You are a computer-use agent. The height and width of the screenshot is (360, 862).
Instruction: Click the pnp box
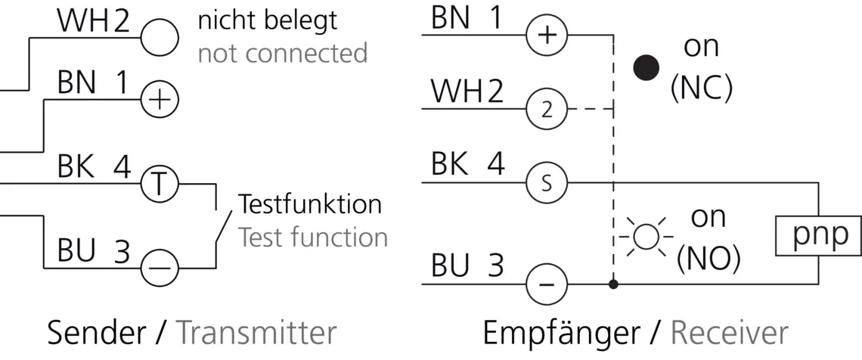click(817, 236)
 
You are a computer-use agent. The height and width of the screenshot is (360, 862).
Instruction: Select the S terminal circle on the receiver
click(547, 183)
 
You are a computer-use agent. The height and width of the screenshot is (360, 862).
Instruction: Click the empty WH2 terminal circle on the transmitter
click(160, 37)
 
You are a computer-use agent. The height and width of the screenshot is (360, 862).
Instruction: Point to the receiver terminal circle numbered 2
click(547, 109)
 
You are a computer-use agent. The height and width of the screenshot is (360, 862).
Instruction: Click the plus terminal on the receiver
click(547, 36)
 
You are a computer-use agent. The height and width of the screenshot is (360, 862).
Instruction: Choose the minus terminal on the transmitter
click(160, 268)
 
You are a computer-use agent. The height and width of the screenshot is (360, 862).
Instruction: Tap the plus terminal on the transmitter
click(160, 101)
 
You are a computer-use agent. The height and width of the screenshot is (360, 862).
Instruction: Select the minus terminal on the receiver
click(547, 284)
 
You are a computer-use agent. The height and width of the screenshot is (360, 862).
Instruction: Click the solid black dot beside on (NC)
click(646, 67)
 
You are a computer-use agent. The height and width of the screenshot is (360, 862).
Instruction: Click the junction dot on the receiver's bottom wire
click(613, 284)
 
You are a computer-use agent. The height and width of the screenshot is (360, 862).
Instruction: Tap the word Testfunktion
click(310, 204)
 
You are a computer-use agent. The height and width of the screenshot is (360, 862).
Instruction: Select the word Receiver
click(730, 333)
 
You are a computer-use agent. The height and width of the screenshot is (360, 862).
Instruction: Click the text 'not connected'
click(283, 53)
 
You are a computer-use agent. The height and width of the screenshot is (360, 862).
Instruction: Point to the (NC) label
click(702, 89)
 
